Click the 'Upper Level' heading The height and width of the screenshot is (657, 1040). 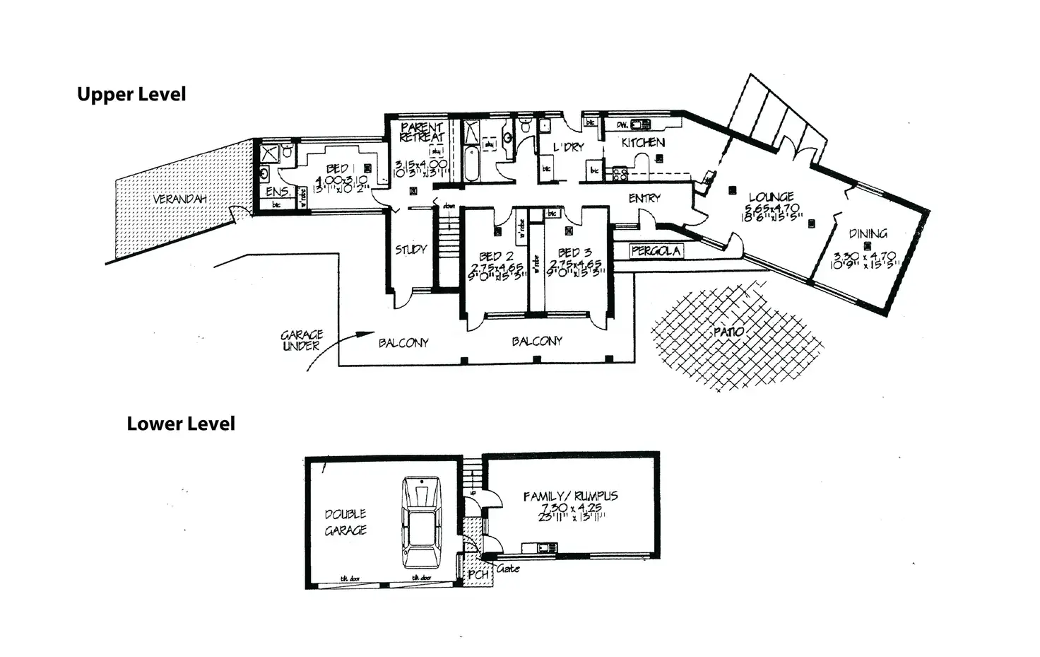click(131, 95)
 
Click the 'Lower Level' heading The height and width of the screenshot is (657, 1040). click(181, 424)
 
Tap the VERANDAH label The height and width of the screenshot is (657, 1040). click(179, 199)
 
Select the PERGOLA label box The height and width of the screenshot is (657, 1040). click(656, 251)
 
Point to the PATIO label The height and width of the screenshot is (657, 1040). click(728, 331)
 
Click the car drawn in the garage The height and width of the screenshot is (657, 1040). click(421, 523)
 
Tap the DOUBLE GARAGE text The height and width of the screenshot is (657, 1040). click(345, 522)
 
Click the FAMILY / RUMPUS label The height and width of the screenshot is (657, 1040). click(570, 496)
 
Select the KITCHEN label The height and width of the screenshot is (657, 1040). click(642, 142)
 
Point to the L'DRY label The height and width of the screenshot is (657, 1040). click(568, 147)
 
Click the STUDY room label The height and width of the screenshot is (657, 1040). click(410, 249)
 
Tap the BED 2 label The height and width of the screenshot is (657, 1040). click(495, 256)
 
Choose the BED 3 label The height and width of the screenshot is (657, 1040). click(574, 252)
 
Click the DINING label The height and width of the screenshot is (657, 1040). click(868, 233)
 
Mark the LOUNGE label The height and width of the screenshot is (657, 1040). click(771, 197)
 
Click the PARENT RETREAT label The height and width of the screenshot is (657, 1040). click(422, 132)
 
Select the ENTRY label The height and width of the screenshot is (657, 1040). click(644, 199)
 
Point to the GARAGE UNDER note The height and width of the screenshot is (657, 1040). click(302, 340)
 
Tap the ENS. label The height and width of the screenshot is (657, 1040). click(277, 192)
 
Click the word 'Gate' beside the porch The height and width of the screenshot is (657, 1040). click(508, 569)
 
